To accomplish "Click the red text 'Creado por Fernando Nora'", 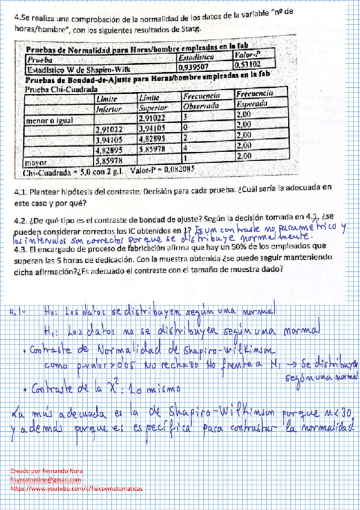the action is click(47, 470).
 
